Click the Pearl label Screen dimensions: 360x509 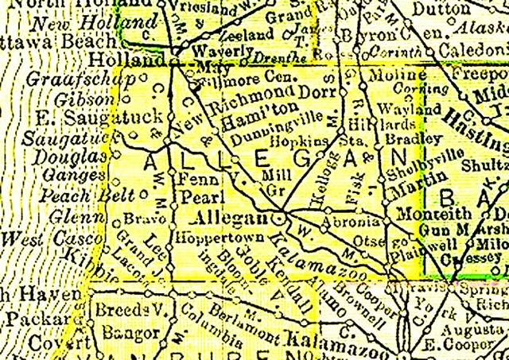click(x=196, y=195)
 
